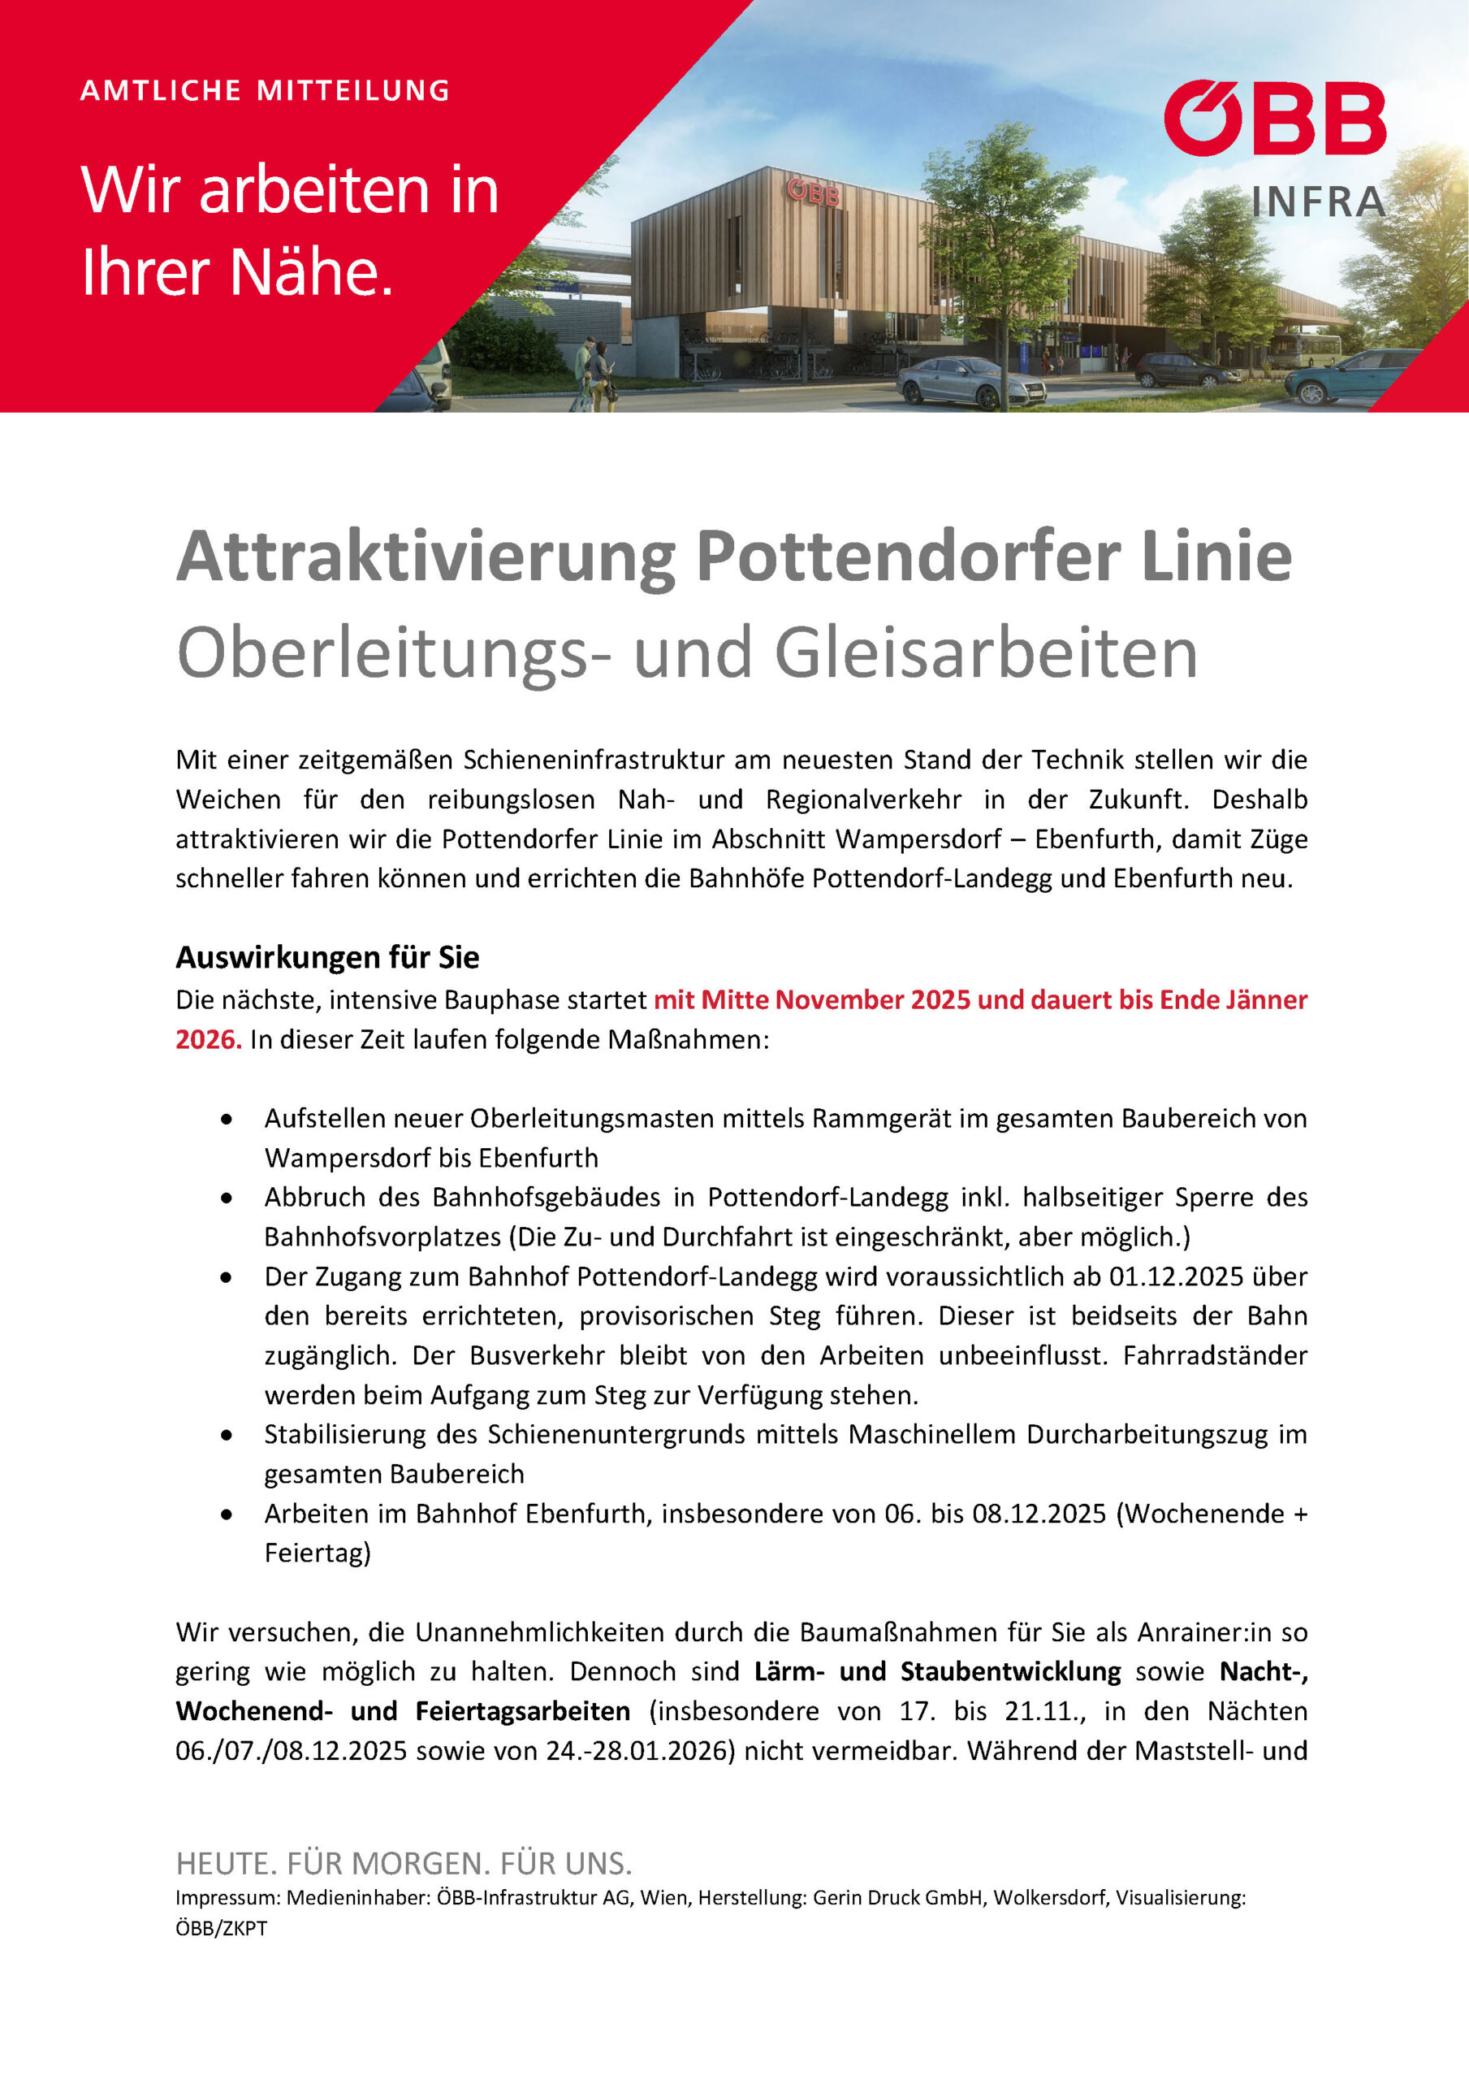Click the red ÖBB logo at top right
coord(1274,118)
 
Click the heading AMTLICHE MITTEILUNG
coord(265,90)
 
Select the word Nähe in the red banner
coord(313,271)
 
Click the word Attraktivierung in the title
coord(426,557)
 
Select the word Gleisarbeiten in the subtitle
coord(987,653)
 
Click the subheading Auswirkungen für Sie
coord(327,956)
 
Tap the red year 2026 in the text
coord(207,1039)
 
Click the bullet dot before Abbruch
coord(227,1198)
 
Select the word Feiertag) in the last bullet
coord(317,1553)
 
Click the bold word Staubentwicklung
coord(1010,1671)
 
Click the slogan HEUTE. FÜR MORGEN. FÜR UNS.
coord(404,1865)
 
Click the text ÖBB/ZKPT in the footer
coord(221,1929)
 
